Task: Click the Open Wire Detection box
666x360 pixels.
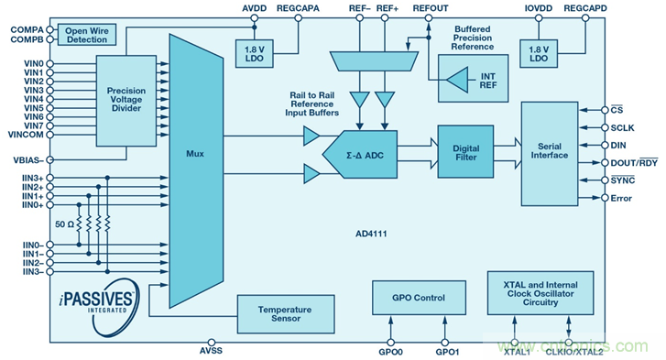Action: pyautogui.click(x=87, y=35)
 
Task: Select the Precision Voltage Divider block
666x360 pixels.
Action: pyautogui.click(x=126, y=101)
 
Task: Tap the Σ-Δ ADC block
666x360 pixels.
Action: pyautogui.click(x=360, y=155)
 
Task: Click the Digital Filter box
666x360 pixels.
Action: pyautogui.click(x=465, y=151)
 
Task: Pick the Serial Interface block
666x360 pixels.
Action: pyautogui.click(x=550, y=154)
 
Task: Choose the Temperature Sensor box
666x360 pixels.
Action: pyautogui.click(x=286, y=314)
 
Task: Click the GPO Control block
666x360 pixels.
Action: pyautogui.click(x=419, y=298)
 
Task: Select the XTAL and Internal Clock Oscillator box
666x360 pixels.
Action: pyautogui.click(x=540, y=293)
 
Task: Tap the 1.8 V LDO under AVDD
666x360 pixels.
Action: pyautogui.click(x=255, y=53)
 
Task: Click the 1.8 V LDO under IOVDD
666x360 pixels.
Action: pyautogui.click(x=539, y=53)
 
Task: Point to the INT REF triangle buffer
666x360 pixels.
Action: pyautogui.click(x=458, y=80)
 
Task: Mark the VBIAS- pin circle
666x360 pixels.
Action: pyautogui.click(x=50, y=160)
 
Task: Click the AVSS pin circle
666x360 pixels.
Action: pyautogui.click(x=211, y=343)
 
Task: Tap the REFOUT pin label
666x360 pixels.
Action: pyautogui.click(x=431, y=8)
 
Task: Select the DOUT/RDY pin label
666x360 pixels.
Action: pyautogui.click(x=634, y=162)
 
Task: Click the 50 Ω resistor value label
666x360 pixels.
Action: pyautogui.click(x=64, y=224)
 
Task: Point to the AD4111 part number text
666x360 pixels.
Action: pyautogui.click(x=371, y=234)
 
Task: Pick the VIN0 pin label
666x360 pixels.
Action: pyautogui.click(x=34, y=64)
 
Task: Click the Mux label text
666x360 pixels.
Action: pyautogui.click(x=195, y=154)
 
